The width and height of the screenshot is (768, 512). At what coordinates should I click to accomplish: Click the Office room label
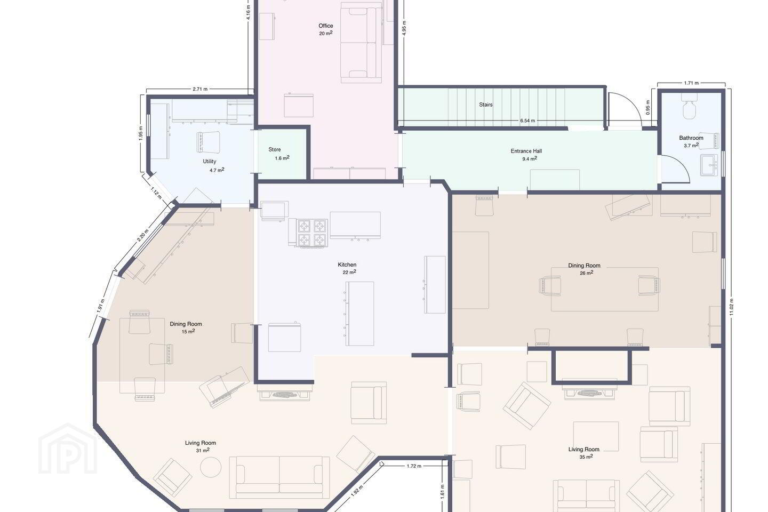coord(325,26)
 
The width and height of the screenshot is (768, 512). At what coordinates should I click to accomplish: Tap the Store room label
coord(274,149)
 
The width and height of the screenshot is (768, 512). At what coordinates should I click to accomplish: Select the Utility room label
coord(209,161)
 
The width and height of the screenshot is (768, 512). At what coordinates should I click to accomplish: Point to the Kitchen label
coord(347,265)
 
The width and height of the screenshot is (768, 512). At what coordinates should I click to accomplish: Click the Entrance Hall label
coord(526,151)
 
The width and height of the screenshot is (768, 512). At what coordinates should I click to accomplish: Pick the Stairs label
coord(485,105)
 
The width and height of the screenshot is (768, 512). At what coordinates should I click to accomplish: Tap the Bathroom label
coord(691,138)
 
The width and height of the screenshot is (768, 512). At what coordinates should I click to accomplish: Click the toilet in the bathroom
coord(690,106)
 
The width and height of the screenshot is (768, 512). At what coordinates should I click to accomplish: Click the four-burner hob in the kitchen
coord(312,233)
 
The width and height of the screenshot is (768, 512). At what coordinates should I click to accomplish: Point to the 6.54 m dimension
coord(527,121)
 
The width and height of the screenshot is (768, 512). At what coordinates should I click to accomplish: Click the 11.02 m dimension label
coord(731,307)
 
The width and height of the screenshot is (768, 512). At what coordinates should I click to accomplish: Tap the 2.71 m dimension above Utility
coord(200,89)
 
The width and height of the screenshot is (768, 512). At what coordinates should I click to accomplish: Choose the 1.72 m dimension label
coord(414,466)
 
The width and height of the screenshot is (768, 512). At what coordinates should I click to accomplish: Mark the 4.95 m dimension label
coord(404,28)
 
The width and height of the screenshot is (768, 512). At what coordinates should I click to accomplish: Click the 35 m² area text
coord(586,457)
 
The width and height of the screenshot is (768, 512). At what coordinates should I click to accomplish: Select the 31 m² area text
coord(203,450)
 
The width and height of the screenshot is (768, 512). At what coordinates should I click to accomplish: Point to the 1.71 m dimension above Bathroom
coord(691,83)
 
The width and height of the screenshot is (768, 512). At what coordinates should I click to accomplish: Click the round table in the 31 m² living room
coord(211,467)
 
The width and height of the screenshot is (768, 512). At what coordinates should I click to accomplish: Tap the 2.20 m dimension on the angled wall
coord(142,235)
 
